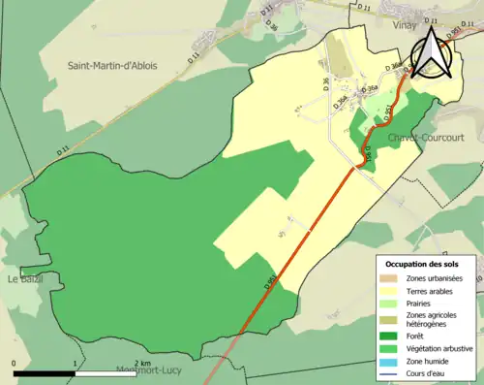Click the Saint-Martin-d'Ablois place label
coord(112,65)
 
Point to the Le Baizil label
coord(26,279)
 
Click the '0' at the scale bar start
coord(15,365)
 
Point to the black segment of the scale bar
coord(45,373)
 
